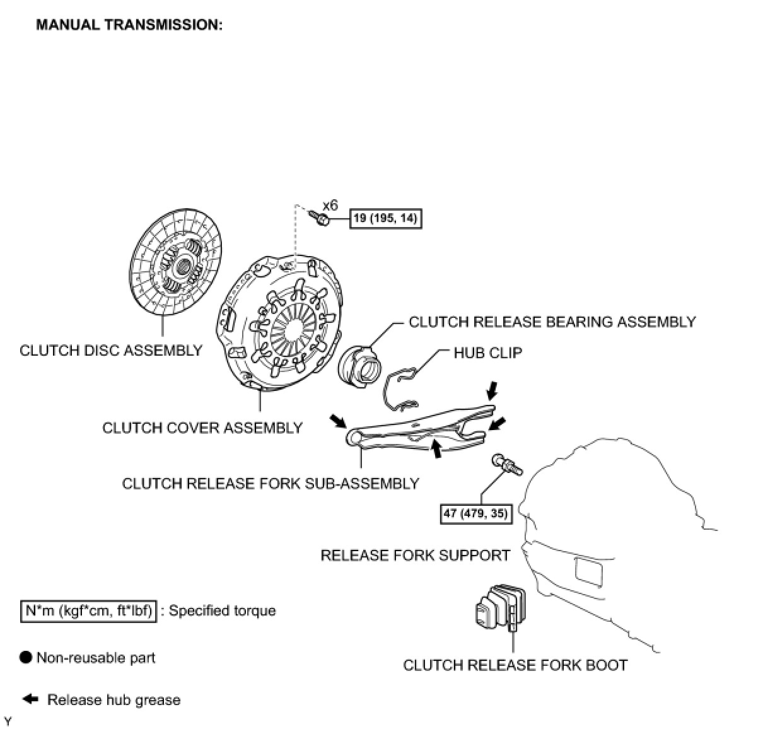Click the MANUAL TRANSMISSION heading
[129, 25]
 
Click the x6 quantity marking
[330, 206]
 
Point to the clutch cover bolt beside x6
[320, 218]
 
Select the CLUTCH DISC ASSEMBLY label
[111, 351]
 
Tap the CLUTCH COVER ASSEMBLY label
[202, 428]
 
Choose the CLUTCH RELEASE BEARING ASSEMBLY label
[552, 322]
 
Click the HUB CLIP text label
[487, 353]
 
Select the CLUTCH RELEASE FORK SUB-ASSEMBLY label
[271, 484]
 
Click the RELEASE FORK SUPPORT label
[415, 556]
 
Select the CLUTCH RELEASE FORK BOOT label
[515, 665]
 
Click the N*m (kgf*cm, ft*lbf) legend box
[88, 611]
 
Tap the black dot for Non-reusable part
[26, 658]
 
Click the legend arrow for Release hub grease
[30, 699]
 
